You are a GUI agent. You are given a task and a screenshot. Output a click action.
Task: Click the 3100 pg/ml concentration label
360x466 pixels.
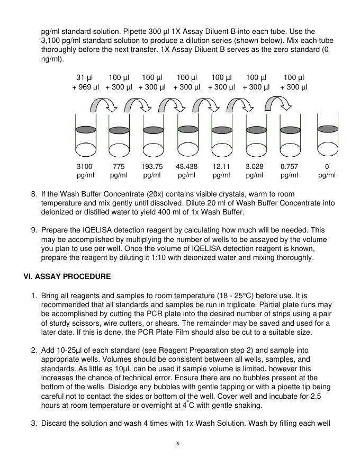tap(85, 171)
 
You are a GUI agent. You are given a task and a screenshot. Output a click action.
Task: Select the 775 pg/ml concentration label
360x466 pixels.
tap(119, 171)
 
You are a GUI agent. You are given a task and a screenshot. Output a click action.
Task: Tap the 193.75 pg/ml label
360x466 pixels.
tap(152, 171)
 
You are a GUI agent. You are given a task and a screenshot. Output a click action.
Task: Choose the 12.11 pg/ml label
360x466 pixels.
tap(221, 171)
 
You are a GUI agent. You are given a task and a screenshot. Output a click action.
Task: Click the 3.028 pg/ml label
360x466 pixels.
tap(255, 171)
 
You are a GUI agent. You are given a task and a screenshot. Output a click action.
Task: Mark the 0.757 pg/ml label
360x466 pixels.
tap(289, 171)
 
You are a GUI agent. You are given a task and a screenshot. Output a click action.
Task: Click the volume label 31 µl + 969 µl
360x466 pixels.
tap(85, 82)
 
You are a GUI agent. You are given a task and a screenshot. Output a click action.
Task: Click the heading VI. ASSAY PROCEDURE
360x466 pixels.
tap(67, 276)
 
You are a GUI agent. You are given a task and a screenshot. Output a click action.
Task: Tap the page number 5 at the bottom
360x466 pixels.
tap(179, 444)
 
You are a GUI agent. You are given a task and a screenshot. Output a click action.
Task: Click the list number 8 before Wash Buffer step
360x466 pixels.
tap(33, 194)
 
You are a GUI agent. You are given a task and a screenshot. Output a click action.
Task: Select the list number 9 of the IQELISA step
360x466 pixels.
tap(33, 230)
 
